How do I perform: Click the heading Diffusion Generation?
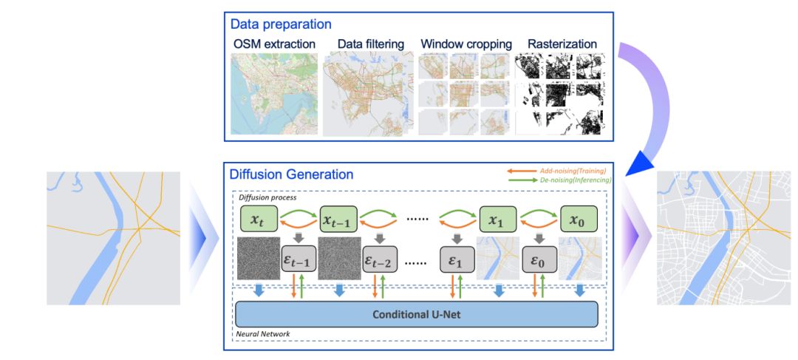click(x=291, y=175)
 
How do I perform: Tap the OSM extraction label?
click(x=273, y=44)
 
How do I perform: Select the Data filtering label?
click(x=371, y=44)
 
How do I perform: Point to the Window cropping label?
click(x=465, y=44)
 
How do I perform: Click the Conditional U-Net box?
click(x=416, y=313)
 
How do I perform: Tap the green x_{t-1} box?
click(x=339, y=219)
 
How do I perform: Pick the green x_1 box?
click(x=499, y=219)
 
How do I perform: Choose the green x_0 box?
click(x=579, y=219)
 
